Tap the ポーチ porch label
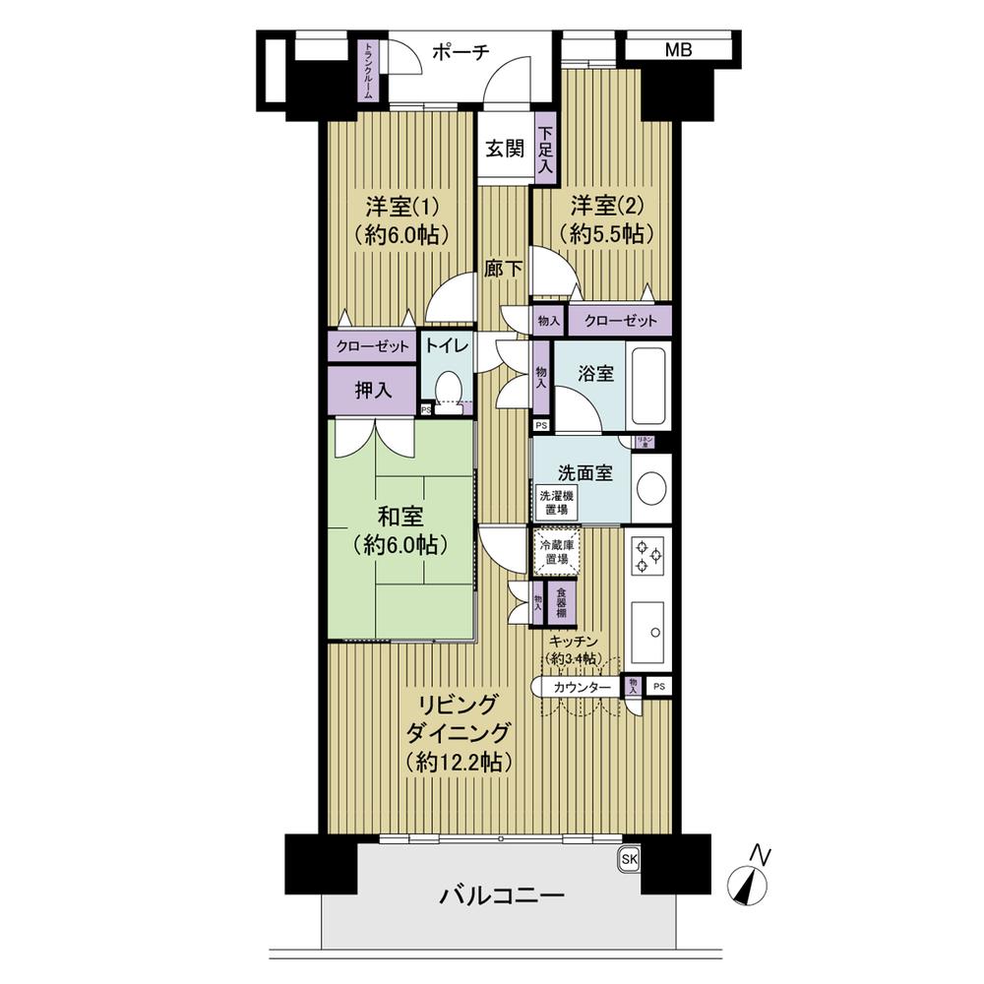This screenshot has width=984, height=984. tap(461, 53)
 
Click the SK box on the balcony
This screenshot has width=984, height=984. tap(629, 859)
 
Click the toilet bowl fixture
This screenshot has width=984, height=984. tap(449, 388)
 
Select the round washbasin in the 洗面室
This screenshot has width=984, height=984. tap(650, 487)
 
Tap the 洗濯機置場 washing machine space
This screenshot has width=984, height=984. tap(554, 503)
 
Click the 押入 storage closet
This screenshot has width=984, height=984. tap(373, 390)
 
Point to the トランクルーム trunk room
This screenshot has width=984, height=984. tap(367, 71)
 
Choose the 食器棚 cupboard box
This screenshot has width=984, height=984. tap(561, 602)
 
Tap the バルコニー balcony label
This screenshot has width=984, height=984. tap(502, 896)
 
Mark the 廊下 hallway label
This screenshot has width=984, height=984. tap(504, 268)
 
